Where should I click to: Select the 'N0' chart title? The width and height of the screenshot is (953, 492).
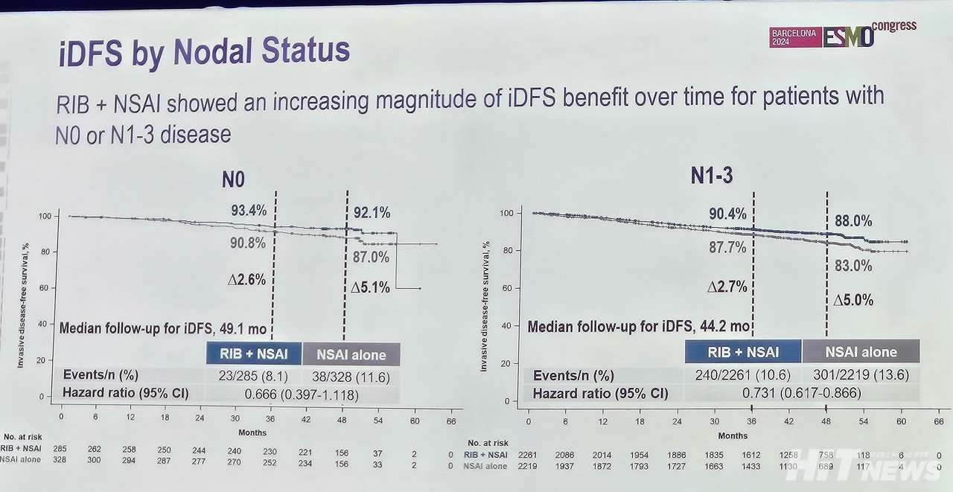pyautogui.click(x=232, y=179)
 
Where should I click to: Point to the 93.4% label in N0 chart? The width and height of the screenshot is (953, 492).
pyautogui.click(x=248, y=211)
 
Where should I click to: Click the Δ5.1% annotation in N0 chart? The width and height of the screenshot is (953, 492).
pyautogui.click(x=371, y=287)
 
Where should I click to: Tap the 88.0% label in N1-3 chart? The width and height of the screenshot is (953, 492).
pyautogui.click(x=852, y=221)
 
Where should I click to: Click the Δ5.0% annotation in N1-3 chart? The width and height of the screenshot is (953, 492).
pyautogui.click(x=852, y=301)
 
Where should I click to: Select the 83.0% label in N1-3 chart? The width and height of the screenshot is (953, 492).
pyautogui.click(x=852, y=266)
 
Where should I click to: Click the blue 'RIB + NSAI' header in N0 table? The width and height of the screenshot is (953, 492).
pyautogui.click(x=254, y=354)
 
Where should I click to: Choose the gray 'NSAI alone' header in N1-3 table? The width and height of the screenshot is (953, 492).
pyautogui.click(x=860, y=351)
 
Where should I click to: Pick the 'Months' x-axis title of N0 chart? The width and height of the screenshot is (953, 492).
pyautogui.click(x=252, y=432)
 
